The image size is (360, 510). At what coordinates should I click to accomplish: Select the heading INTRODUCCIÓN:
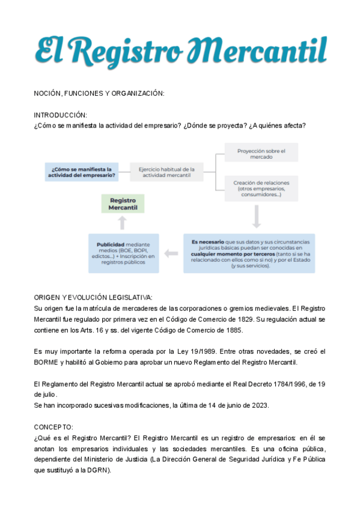(x=60, y=115)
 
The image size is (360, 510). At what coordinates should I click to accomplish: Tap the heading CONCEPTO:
(x=53, y=426)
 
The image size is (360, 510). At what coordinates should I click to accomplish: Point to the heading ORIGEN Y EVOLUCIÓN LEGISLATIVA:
(x=93, y=297)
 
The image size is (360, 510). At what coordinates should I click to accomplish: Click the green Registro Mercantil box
(x=123, y=204)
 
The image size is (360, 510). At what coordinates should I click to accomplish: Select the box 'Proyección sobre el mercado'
(x=261, y=153)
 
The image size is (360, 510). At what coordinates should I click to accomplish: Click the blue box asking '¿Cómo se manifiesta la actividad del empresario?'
(x=81, y=173)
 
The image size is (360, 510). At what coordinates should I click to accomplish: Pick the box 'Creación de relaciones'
(x=262, y=188)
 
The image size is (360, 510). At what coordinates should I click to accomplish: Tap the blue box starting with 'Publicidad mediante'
(x=123, y=253)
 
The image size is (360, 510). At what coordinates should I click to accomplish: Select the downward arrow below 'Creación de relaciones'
(x=257, y=217)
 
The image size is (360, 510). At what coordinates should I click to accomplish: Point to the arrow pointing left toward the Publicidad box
(x=171, y=254)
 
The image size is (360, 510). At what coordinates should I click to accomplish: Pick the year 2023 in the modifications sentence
(x=260, y=405)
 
